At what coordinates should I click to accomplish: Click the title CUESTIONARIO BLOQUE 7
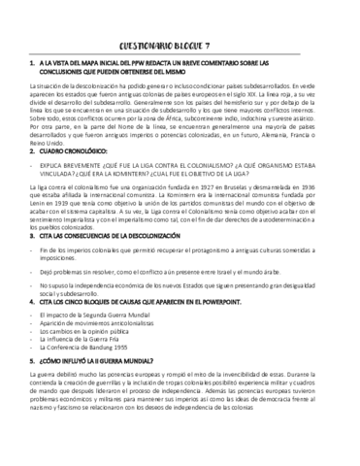[x=180, y=45]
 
